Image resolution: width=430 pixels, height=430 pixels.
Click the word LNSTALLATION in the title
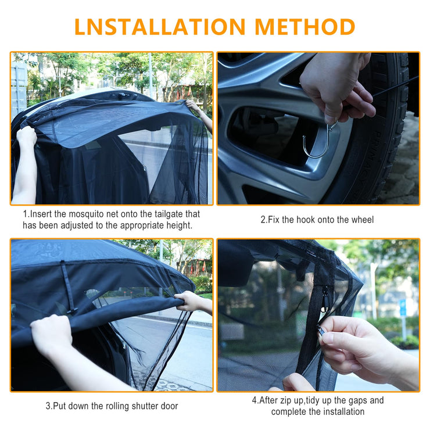tap(160, 27)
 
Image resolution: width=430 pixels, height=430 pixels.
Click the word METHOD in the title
tap(305, 27)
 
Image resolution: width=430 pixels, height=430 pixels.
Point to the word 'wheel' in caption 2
tap(363, 220)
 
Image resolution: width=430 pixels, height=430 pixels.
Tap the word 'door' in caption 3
tap(169, 406)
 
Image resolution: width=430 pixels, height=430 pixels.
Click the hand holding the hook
tap(337, 88)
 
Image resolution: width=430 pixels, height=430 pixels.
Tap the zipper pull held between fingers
tap(321, 330)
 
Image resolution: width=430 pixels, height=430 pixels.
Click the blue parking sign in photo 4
tap(402, 308)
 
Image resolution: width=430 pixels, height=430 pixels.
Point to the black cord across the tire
tap(396, 86)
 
